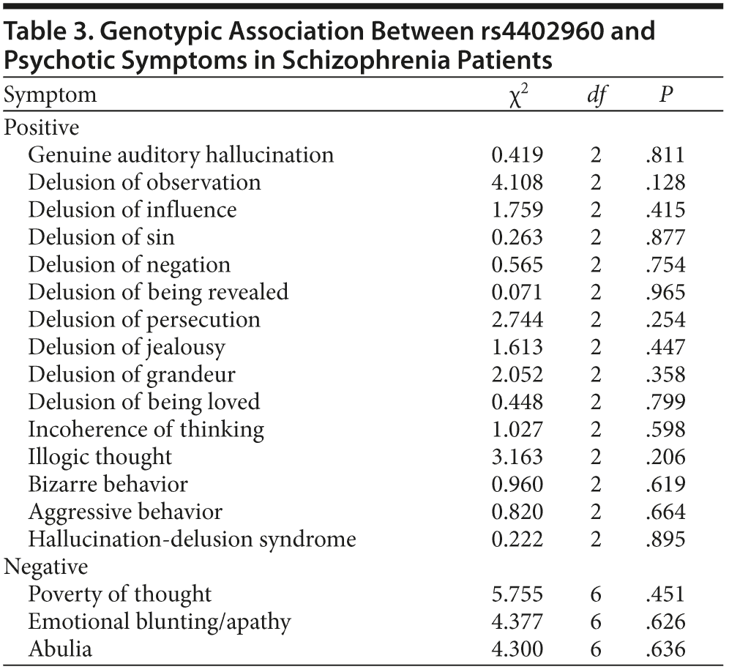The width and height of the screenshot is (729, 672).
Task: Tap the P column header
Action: point(665,96)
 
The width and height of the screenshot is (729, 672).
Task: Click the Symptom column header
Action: point(51,95)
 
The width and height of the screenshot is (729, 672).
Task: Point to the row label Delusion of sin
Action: point(101,237)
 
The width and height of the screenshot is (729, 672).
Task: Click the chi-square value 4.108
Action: point(517,182)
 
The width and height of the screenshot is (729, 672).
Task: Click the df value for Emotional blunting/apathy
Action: point(595,621)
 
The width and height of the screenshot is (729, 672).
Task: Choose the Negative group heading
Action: point(46,567)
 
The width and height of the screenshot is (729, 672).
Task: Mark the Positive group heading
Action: point(42,127)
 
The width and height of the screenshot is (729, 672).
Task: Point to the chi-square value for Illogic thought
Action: point(517,457)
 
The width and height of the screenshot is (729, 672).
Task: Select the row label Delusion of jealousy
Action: point(127,347)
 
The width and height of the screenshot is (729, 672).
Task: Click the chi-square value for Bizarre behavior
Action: point(517,484)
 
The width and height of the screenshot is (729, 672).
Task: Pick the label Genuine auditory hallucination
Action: point(181,155)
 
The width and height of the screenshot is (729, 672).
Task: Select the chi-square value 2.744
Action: point(517,319)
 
